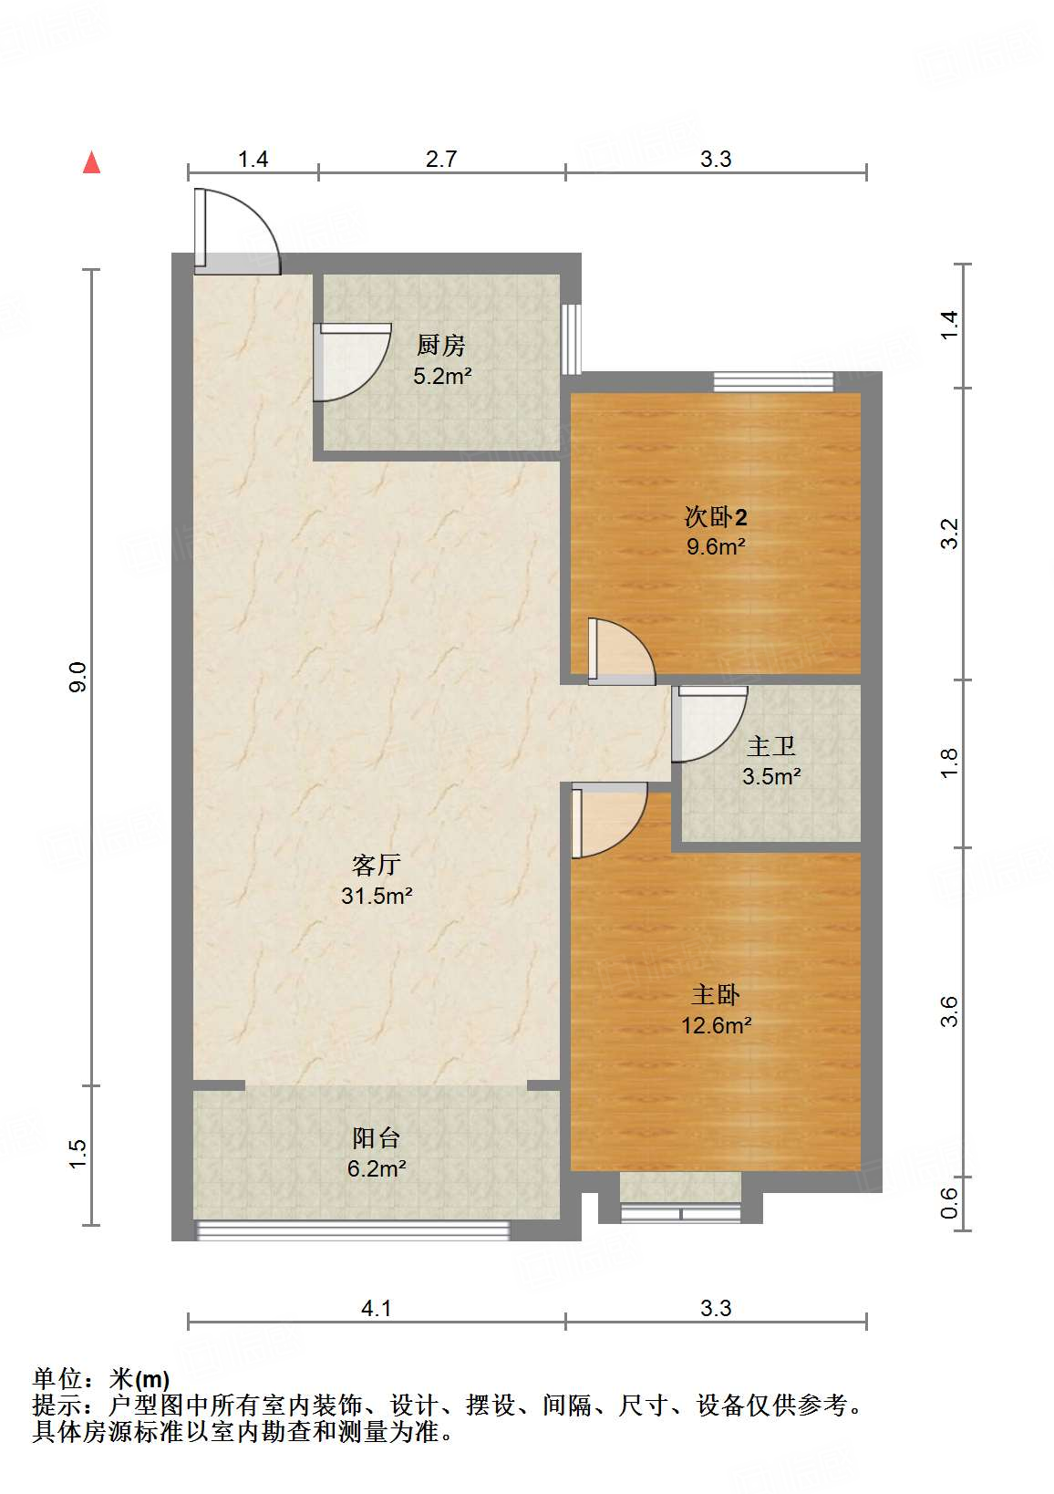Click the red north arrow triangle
[91, 162]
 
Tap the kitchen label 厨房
[440, 345]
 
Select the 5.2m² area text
[442, 376]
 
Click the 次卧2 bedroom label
[716, 516]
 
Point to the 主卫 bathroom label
[771, 746]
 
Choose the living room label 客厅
[376, 865]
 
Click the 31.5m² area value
[377, 895]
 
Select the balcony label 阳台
[376, 1138]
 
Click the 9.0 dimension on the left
[78, 677]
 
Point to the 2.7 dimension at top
[441, 159]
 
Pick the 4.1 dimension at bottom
[376, 1308]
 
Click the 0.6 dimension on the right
[948, 1203]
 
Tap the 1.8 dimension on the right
[948, 763]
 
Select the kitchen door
[352, 362]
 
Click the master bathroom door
[709, 723]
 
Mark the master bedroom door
[609, 820]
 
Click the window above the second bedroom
[773, 381]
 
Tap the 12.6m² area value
[716, 1024]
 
